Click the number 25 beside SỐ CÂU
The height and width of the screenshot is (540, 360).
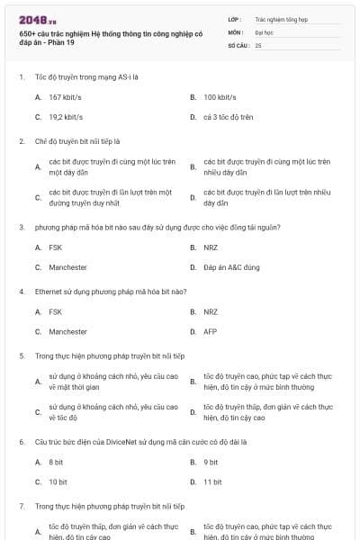click(258, 44)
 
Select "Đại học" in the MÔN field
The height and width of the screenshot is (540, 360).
click(264, 31)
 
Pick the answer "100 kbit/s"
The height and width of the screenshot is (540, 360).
click(220, 96)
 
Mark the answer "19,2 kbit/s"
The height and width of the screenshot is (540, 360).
click(66, 117)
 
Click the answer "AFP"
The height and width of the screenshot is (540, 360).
click(210, 331)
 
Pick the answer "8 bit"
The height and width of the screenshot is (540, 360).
click(56, 462)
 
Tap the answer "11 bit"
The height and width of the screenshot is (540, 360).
click(212, 482)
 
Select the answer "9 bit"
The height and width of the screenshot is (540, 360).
click(211, 462)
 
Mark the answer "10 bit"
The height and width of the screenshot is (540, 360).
click(58, 482)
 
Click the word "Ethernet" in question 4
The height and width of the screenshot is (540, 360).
click(49, 292)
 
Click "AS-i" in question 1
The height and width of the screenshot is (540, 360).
click(125, 76)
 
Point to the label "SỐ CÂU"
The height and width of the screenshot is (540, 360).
click(237, 44)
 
